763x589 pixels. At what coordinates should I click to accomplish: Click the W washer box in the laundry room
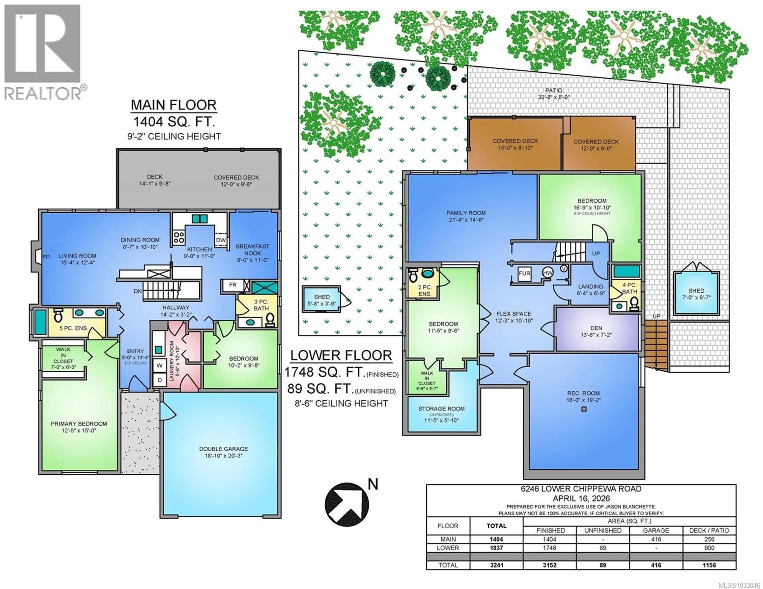(x=159, y=365)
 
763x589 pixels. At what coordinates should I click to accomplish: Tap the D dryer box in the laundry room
(x=159, y=380)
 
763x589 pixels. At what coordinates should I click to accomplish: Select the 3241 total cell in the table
(x=496, y=565)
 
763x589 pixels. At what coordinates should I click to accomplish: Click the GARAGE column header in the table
(x=656, y=530)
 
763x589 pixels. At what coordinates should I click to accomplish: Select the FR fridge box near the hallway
(x=233, y=285)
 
